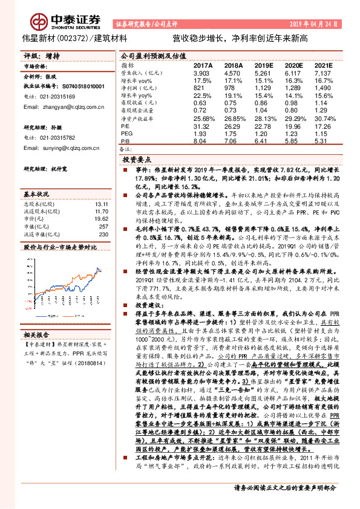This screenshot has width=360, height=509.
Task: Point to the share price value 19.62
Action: pos(100,219)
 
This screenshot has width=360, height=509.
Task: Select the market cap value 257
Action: pos(103,227)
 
